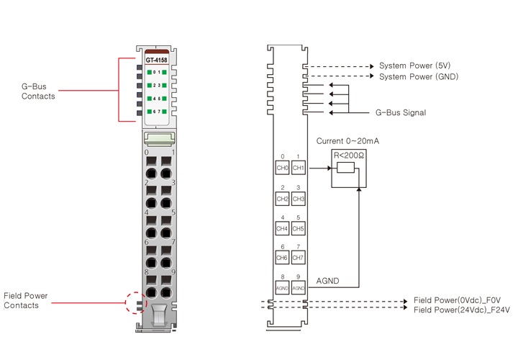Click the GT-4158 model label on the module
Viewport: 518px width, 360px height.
[x=157, y=60]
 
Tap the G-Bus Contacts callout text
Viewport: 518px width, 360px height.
[x=38, y=91]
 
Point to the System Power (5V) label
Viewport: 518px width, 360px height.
[x=414, y=66]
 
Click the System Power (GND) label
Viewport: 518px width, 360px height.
[x=419, y=76]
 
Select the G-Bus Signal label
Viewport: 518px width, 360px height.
[x=401, y=112]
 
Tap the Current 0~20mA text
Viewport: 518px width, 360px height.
[x=347, y=141]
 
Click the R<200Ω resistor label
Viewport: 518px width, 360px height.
[x=348, y=155]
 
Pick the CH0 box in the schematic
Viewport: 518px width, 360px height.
[x=283, y=168]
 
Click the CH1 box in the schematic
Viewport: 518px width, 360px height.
[x=299, y=168]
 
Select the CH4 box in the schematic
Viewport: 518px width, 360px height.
[x=283, y=229]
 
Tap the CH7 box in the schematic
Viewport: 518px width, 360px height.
[x=299, y=257]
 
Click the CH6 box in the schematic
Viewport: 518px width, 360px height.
[x=283, y=257]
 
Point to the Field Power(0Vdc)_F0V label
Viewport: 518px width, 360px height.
[x=461, y=300]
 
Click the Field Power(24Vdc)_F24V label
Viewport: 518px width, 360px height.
[x=462, y=310]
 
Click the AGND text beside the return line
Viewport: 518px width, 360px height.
[x=327, y=281]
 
